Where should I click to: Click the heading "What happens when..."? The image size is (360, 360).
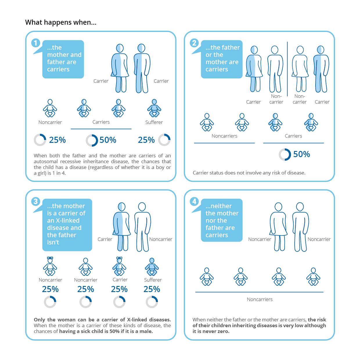(x=61, y=22)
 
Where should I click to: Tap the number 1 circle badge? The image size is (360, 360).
(x=35, y=43)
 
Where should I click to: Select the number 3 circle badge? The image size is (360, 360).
(x=35, y=201)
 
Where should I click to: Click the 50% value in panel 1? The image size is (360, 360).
(x=108, y=140)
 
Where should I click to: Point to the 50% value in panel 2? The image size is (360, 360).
(x=302, y=154)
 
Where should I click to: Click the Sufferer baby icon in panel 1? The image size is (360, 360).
(x=154, y=108)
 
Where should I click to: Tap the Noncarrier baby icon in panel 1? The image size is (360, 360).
(x=50, y=108)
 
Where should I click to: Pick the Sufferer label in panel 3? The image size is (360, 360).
(x=153, y=280)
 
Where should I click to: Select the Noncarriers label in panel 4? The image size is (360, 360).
(x=260, y=300)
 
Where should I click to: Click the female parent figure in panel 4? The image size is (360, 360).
(x=278, y=227)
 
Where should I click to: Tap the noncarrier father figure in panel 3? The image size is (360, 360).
(x=142, y=227)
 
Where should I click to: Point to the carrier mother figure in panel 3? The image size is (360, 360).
(x=122, y=227)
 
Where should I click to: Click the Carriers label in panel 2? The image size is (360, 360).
(x=293, y=136)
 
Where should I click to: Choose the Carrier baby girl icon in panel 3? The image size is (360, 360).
(x=119, y=267)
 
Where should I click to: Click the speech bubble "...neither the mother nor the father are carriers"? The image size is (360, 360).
(x=222, y=220)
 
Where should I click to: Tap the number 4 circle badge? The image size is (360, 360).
(x=194, y=201)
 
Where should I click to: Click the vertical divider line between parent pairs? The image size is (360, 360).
(x=287, y=69)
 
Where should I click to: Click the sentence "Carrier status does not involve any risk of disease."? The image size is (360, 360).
(x=249, y=173)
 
